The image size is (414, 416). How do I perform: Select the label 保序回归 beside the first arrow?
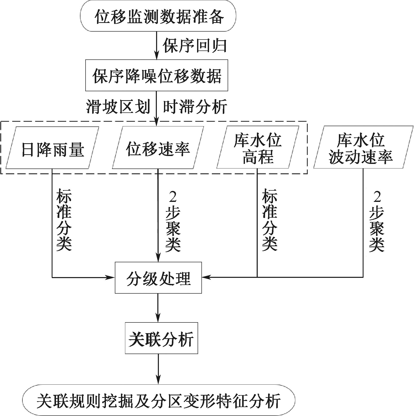[195, 46]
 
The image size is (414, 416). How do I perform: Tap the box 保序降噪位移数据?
[157, 75]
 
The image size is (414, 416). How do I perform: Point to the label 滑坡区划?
[118, 107]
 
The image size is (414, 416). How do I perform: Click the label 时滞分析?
[195, 107]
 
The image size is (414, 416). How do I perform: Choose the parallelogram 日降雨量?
[52, 148]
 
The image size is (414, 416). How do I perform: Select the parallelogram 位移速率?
[158, 148]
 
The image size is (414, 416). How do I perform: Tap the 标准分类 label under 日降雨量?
[64, 219]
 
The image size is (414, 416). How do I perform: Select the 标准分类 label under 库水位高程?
[270, 219]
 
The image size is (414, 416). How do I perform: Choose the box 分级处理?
[158, 278]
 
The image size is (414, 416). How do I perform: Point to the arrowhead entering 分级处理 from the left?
[112, 277]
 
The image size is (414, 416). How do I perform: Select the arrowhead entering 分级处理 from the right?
[205, 277]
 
